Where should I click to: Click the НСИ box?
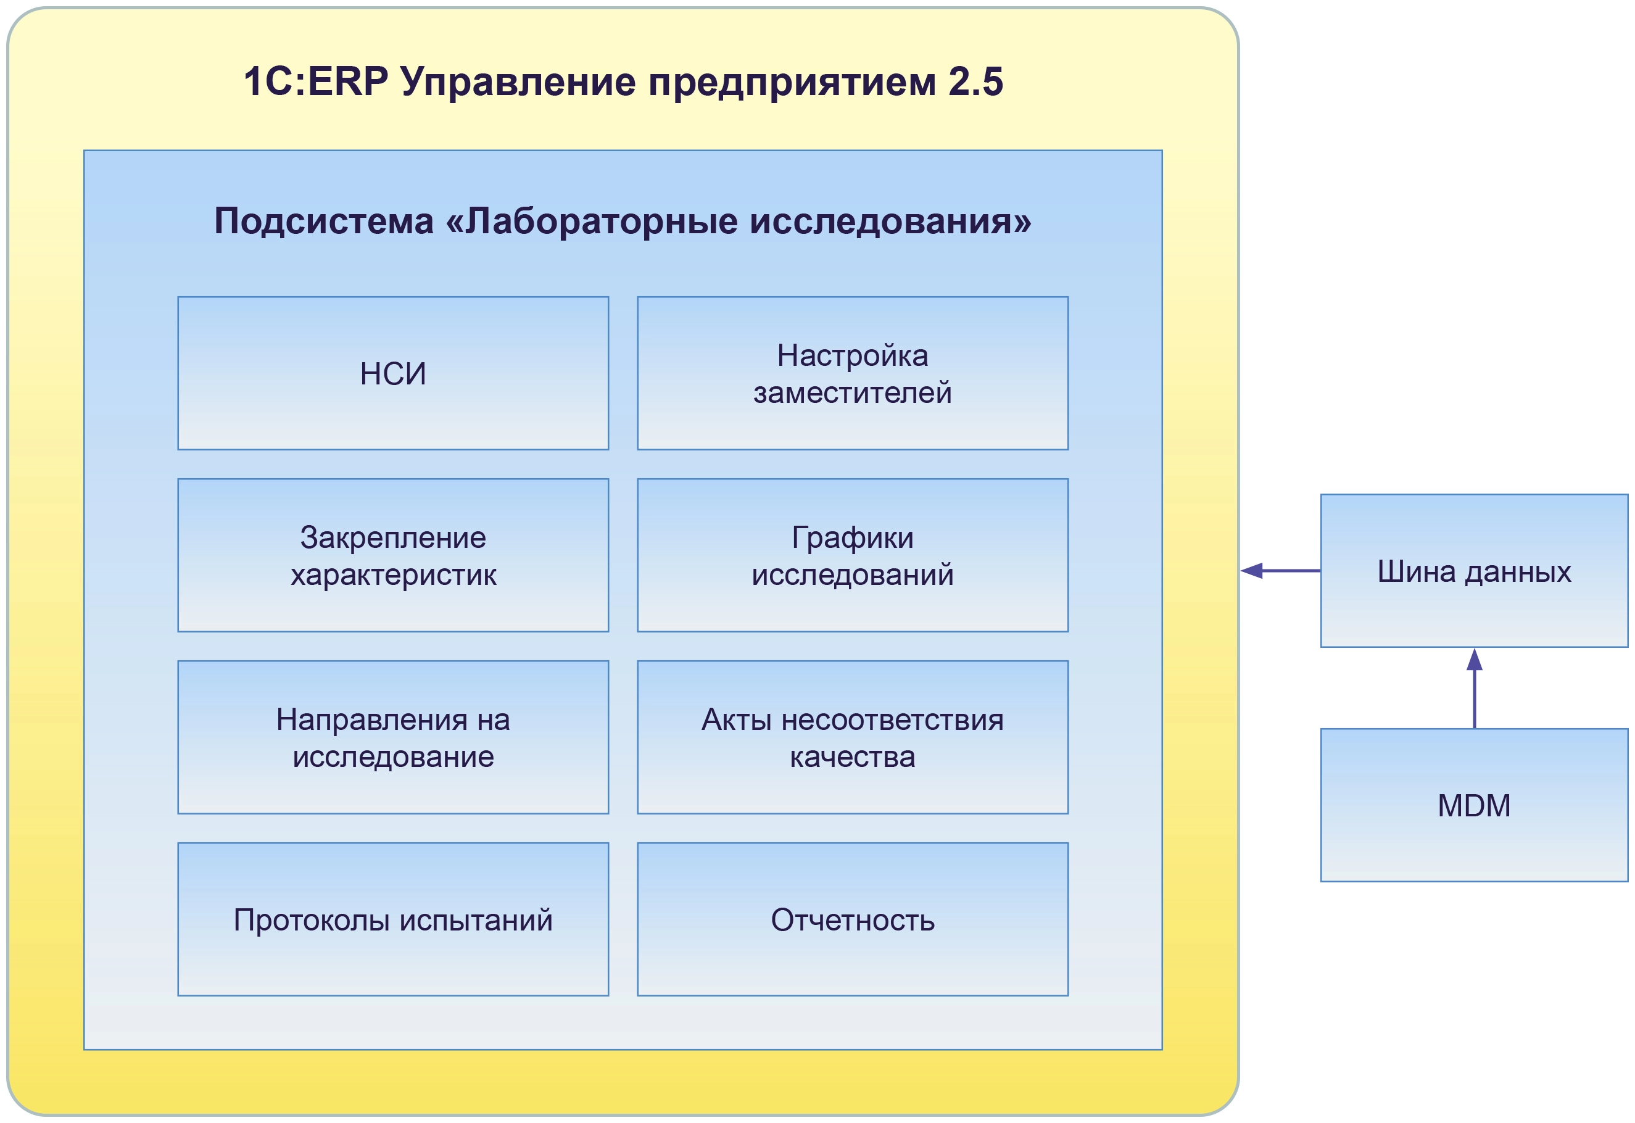click(x=392, y=373)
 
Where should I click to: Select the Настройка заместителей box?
click(x=852, y=373)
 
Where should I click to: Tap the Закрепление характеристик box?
click(x=392, y=555)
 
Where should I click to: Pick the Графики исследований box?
click(x=852, y=555)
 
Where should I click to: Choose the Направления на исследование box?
click(x=392, y=737)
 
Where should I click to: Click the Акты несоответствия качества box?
click(x=852, y=737)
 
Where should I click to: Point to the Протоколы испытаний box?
click(x=392, y=919)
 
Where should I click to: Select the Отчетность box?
click(x=852, y=919)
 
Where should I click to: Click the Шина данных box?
click(x=1474, y=571)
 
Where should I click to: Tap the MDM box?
click(x=1474, y=805)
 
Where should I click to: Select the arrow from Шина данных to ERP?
click(x=1280, y=571)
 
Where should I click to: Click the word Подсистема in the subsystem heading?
click(x=324, y=221)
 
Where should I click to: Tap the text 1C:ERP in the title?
click(x=315, y=81)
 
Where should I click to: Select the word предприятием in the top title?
click(x=792, y=81)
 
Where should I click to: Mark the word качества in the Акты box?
click(x=852, y=757)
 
